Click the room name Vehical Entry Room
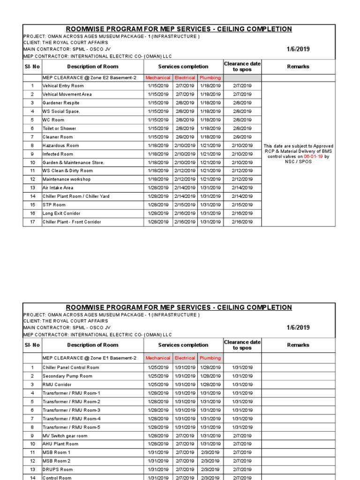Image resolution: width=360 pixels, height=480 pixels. click(63, 86)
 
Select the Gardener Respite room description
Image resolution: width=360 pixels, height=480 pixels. click(61, 103)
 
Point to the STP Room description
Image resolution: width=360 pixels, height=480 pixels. click(54, 205)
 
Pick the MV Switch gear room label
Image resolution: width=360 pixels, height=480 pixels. click(65, 435)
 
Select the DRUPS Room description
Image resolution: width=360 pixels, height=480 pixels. click(58, 469)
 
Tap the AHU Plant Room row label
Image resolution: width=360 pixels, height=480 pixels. click(60, 444)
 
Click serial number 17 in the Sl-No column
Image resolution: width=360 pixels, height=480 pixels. click(32, 222)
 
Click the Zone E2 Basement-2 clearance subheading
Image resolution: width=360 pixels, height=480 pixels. click(90, 77)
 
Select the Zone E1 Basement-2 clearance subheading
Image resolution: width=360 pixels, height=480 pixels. click(90, 358)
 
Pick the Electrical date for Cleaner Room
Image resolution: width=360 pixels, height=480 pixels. click(185, 137)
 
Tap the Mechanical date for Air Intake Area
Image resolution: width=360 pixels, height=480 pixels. click(158, 187)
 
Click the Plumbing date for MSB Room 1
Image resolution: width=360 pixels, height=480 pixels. click(210, 452)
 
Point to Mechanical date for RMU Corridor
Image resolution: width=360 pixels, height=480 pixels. click(158, 384)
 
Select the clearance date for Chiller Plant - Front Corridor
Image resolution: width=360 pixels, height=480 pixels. click(242, 222)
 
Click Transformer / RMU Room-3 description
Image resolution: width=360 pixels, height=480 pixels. click(71, 410)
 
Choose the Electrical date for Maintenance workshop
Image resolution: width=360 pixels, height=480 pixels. click(185, 179)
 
